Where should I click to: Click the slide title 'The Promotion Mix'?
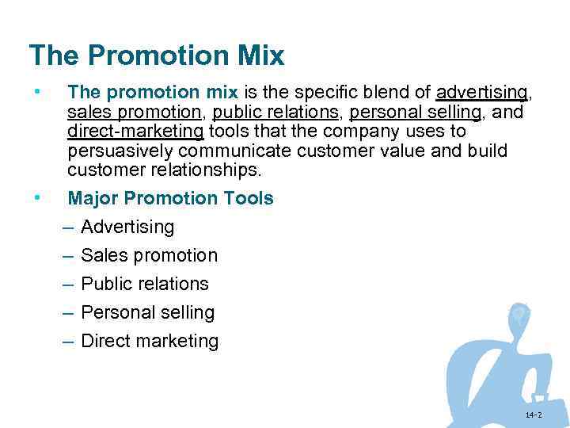click(x=156, y=55)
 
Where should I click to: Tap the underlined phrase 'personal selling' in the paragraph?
click(x=415, y=113)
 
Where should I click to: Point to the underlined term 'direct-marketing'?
click(x=136, y=132)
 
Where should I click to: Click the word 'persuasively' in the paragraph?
click(x=120, y=151)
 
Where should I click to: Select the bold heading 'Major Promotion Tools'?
click(x=171, y=198)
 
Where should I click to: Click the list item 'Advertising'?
click(x=127, y=227)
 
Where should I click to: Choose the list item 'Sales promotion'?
click(x=149, y=255)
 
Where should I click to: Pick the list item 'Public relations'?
click(x=145, y=284)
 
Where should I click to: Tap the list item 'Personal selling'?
click(x=147, y=312)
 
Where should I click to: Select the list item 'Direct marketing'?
click(x=150, y=341)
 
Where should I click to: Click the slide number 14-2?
click(x=533, y=415)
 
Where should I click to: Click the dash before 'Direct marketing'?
click(x=67, y=342)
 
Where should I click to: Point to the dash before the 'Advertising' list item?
click(x=67, y=227)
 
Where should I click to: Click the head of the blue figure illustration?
click(x=519, y=316)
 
